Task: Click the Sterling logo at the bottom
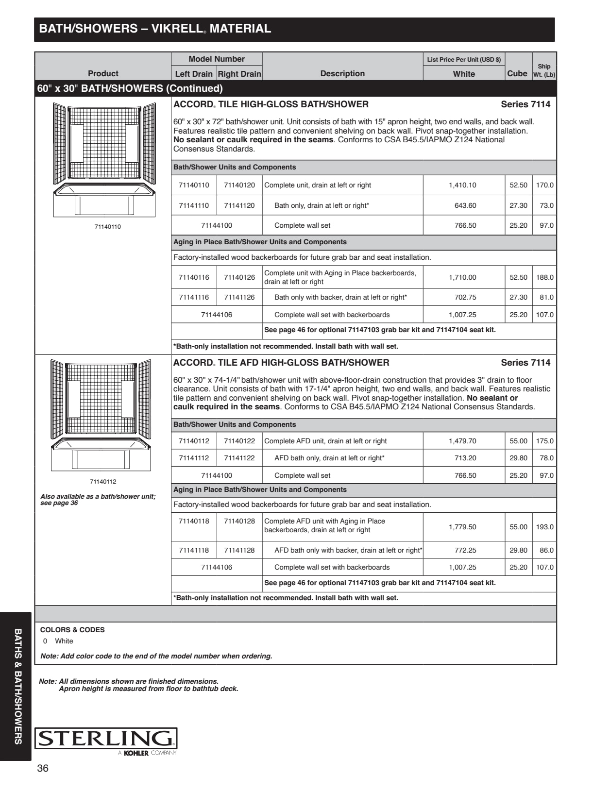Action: (x=106, y=739)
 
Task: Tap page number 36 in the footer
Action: (x=43, y=768)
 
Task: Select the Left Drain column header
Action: (x=194, y=74)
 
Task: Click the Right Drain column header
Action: (x=239, y=74)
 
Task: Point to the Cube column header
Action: (x=517, y=73)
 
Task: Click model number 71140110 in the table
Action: (x=194, y=185)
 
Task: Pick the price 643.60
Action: (x=465, y=205)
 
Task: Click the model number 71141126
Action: (x=239, y=297)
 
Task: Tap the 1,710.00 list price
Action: (x=462, y=277)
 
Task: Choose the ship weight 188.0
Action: (x=544, y=277)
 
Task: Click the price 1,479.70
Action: (x=462, y=441)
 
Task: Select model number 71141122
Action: (x=239, y=458)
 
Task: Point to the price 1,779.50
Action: (x=462, y=527)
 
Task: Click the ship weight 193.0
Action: (x=544, y=527)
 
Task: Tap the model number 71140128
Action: (x=239, y=521)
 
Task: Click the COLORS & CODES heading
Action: (x=72, y=630)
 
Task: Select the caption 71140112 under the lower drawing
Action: (x=103, y=482)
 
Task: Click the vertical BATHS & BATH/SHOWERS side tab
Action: (x=18, y=686)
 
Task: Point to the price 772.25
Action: (x=465, y=550)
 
